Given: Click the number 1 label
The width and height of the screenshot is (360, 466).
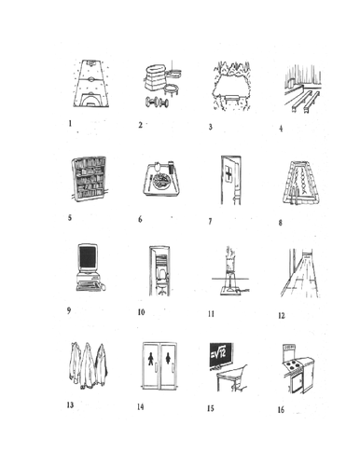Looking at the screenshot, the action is (70, 123).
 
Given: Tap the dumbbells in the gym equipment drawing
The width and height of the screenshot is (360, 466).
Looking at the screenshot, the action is (157, 103).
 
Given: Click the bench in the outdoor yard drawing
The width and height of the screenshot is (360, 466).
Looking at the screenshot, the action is (231, 99).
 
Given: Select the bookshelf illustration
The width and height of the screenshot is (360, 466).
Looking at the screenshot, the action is (90, 179).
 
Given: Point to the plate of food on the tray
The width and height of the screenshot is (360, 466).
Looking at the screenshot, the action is (159, 180).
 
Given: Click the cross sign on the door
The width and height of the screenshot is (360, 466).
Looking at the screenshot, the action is (228, 173).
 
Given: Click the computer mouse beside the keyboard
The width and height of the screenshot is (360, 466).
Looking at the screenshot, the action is (104, 287).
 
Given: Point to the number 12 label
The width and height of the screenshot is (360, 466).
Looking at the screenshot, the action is (282, 316).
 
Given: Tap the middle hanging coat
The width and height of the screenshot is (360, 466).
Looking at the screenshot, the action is (87, 365).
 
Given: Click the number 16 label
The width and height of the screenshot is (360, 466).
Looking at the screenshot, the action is (281, 410).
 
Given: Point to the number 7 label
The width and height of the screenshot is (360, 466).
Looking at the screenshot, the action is (210, 221).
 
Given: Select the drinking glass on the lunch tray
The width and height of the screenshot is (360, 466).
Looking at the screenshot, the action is (171, 167).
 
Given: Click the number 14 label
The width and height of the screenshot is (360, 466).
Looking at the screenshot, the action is (141, 406).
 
